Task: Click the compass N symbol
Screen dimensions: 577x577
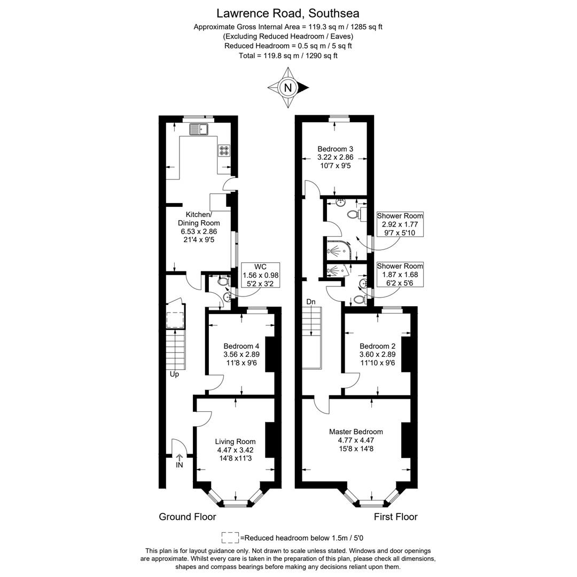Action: click(288, 88)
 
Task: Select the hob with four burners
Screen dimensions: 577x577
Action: click(223, 151)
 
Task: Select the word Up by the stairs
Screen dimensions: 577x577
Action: click(174, 375)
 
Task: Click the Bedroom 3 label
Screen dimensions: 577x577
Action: click(335, 158)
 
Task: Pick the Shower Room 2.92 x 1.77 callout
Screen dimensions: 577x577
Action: click(400, 224)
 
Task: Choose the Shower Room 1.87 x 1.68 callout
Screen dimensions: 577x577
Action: click(400, 275)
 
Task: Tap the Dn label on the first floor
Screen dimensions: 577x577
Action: click(311, 302)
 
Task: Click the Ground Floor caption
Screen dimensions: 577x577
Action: click(188, 517)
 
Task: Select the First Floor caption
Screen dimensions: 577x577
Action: click(395, 517)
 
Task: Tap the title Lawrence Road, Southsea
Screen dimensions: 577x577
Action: click(288, 13)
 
